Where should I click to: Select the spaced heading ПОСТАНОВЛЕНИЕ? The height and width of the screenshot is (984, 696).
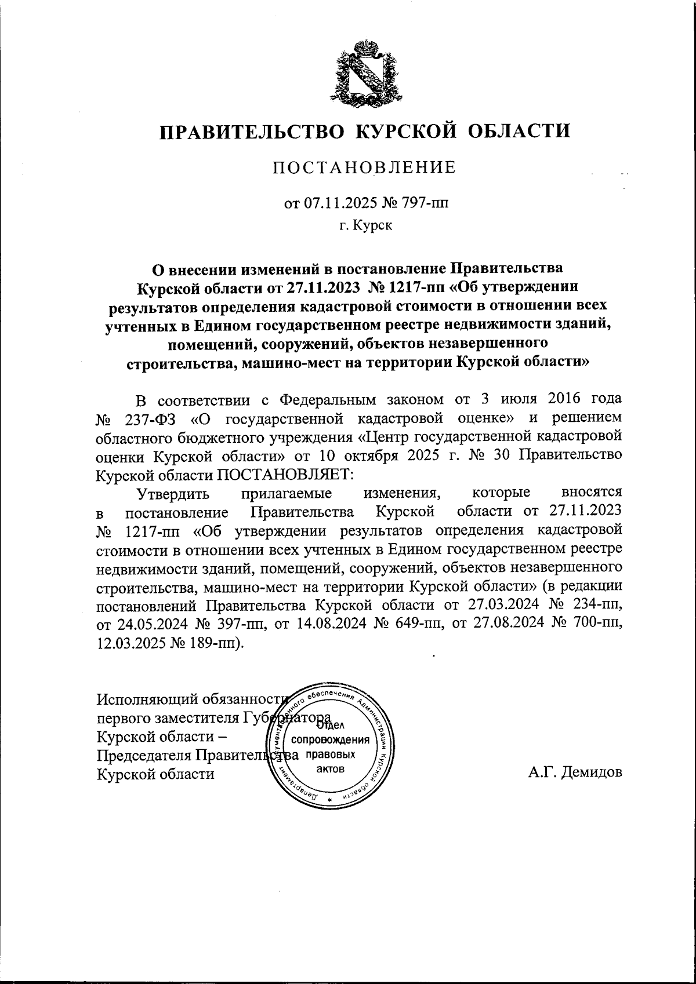[365, 168]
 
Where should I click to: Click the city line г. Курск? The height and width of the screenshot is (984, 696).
[365, 225]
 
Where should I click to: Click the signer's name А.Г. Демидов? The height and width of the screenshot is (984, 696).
[575, 772]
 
